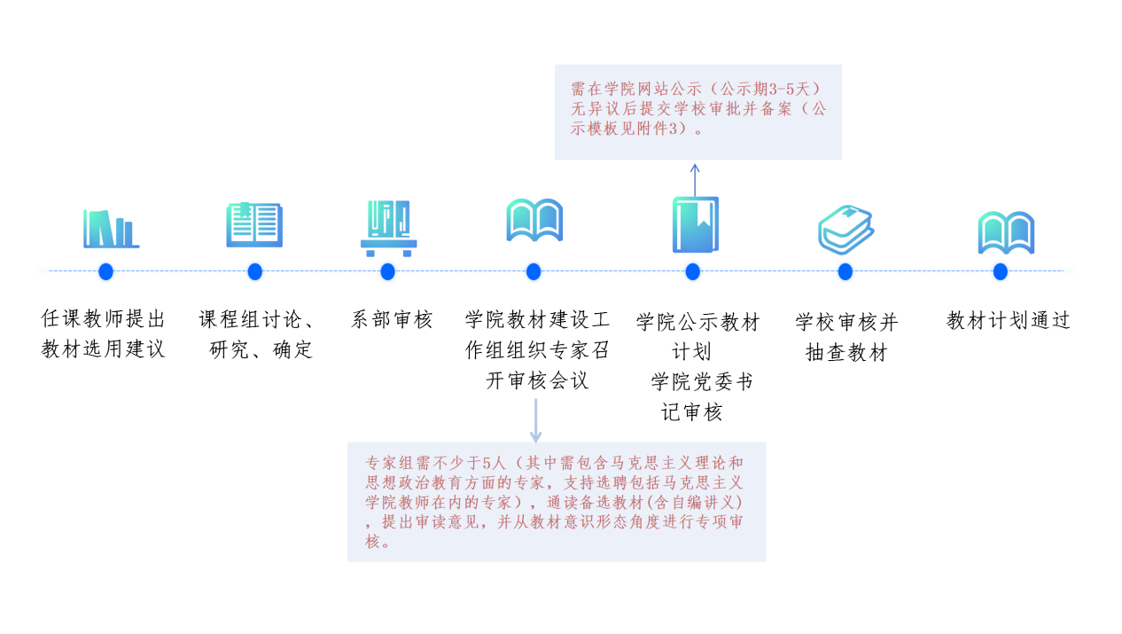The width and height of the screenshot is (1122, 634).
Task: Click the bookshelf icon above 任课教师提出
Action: pyautogui.click(x=111, y=229)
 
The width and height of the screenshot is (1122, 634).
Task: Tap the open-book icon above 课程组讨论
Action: pyautogui.click(x=254, y=224)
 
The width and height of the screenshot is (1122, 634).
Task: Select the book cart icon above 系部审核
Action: pyautogui.click(x=389, y=229)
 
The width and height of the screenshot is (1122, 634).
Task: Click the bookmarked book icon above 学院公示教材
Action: pyautogui.click(x=695, y=224)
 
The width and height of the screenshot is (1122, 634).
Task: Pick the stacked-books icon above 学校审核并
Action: pyautogui.click(x=846, y=230)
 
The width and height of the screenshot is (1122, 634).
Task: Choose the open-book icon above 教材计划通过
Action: pyautogui.click(x=1006, y=233)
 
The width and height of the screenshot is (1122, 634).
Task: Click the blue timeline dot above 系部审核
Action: pyautogui.click(x=387, y=271)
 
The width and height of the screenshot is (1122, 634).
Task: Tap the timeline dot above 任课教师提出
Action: pyautogui.click(x=105, y=271)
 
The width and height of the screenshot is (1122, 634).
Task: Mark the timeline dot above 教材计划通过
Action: pyautogui.click(x=1001, y=271)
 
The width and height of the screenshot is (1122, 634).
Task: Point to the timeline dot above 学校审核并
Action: pyautogui.click(x=845, y=271)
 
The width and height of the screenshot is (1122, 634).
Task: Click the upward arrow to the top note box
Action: pyautogui.click(x=695, y=180)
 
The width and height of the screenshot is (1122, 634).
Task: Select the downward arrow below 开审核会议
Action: pyautogui.click(x=535, y=421)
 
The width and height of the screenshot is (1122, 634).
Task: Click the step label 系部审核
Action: pyautogui.click(x=391, y=319)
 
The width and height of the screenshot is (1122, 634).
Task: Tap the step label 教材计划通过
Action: pyautogui.click(x=1009, y=320)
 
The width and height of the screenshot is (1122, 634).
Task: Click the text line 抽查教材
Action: pyautogui.click(x=846, y=352)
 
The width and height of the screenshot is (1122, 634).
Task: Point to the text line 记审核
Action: pyautogui.click(x=692, y=412)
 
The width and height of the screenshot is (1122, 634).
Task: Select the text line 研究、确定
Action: pyautogui.click(x=261, y=349)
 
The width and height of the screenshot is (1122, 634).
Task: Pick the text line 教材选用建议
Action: pyautogui.click(x=103, y=348)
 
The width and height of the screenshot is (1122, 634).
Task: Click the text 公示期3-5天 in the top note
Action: pyautogui.click(x=765, y=90)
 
